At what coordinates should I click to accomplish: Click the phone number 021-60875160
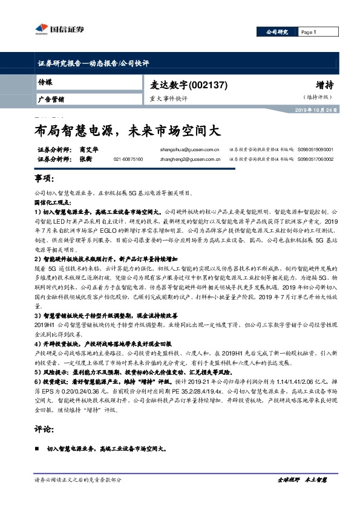pos(128,159)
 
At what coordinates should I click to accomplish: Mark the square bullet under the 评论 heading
pos(39,450)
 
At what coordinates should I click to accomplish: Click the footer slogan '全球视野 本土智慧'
pos(301,479)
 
